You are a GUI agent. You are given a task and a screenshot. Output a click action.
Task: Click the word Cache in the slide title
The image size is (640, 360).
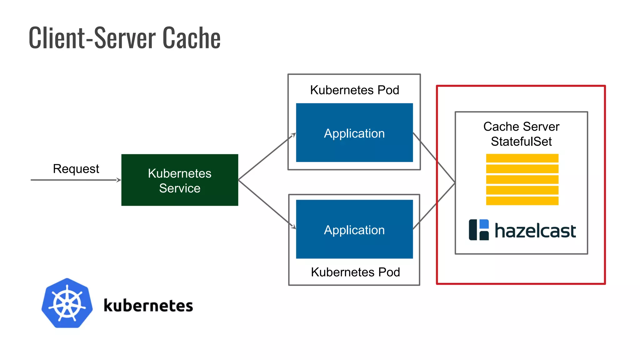point(191,38)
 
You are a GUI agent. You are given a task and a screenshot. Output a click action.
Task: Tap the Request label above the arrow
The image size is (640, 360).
point(76,169)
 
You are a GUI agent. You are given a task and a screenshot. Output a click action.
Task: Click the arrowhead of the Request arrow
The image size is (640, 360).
point(119,180)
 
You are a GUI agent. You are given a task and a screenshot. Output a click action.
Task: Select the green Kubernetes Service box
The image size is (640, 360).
point(180,180)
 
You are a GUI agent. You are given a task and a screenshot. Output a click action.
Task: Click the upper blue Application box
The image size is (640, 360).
point(354,133)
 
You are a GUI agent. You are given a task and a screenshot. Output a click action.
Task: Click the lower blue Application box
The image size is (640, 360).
point(354,229)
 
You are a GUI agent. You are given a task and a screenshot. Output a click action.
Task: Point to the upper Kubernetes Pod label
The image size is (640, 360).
point(354,90)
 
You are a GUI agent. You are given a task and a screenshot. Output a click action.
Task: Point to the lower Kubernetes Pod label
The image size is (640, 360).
point(355,272)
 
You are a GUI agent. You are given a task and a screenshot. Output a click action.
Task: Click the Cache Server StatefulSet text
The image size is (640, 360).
point(521,134)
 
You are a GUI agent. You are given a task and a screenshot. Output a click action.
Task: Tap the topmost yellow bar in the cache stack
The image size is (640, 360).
point(522,158)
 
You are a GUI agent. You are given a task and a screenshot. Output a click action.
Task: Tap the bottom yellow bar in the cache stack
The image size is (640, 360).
point(522,201)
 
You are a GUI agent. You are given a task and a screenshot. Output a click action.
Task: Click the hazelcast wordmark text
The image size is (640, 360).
point(535,231)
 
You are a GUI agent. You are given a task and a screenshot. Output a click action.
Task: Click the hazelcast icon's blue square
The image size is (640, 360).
point(484,224)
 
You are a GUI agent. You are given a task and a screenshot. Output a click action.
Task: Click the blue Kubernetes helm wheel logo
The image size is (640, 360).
point(67,303)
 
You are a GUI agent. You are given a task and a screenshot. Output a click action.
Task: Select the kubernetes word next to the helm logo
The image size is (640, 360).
point(148,306)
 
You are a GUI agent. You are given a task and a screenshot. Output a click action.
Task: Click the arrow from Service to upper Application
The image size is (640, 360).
point(266,157)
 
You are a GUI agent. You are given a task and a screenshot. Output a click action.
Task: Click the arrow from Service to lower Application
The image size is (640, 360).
point(266,203)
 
